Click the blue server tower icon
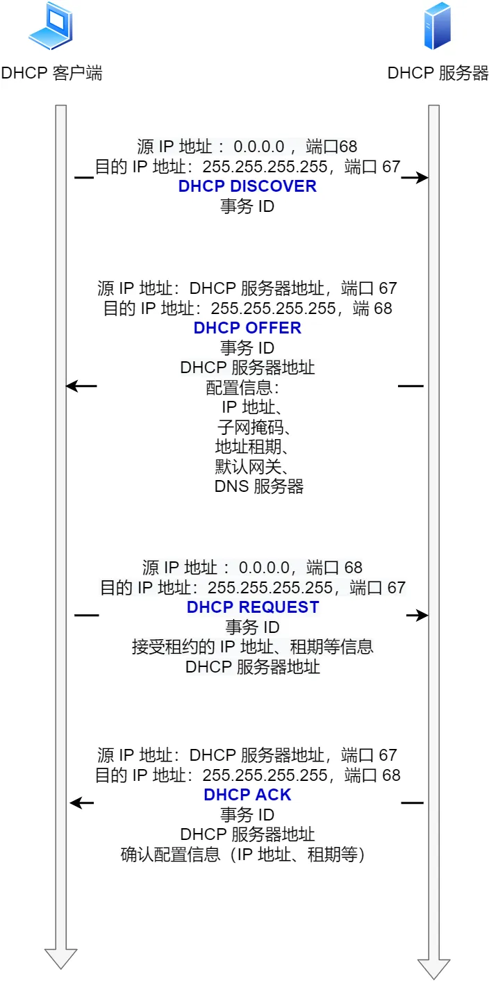[x=438, y=26]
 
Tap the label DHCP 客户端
[x=51, y=74]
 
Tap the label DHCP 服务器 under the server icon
[x=438, y=74]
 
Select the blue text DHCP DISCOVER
[x=247, y=186]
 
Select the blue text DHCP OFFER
[x=247, y=328]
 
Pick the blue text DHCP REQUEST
[x=253, y=607]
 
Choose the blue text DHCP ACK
[x=247, y=795]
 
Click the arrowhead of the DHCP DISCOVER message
[x=422, y=179]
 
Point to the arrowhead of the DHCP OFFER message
[x=72, y=386]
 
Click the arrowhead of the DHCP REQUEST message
[x=422, y=616]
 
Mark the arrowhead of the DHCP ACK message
[x=76, y=803]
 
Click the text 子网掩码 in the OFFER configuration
[x=247, y=427]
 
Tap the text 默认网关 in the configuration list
[x=247, y=465]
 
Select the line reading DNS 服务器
[x=258, y=486]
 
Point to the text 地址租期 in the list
[x=247, y=446]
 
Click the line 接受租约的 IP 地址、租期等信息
[x=253, y=647]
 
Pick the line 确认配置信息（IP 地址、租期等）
[x=242, y=854]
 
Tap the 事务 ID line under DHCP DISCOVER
[x=247, y=206]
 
